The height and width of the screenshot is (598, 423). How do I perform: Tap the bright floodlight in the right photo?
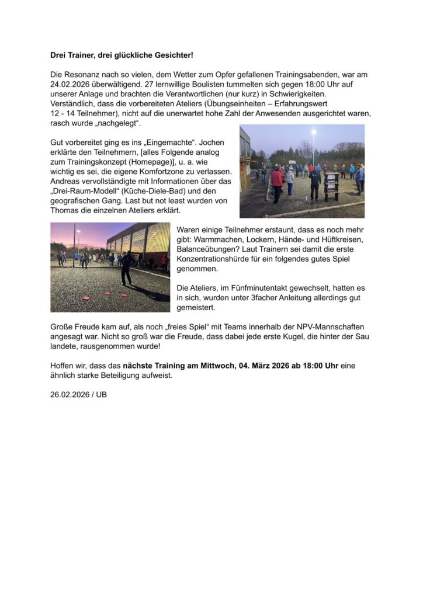point(313,132)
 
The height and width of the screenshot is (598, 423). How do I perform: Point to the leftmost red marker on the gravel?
point(86,298)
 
